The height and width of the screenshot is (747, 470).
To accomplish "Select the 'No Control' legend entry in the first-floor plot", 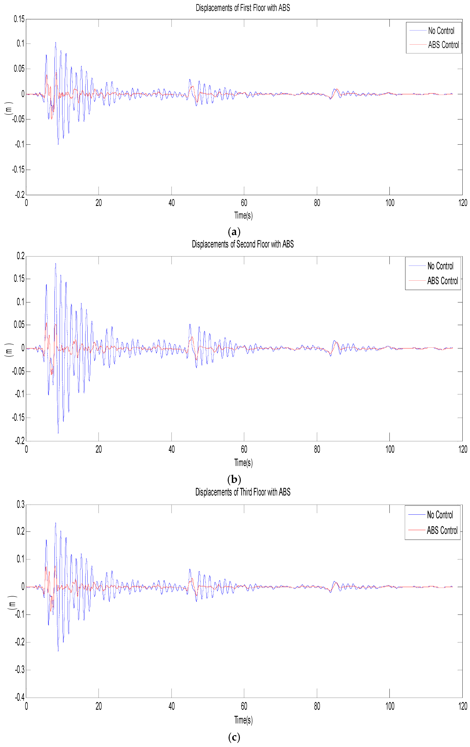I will tap(441, 31).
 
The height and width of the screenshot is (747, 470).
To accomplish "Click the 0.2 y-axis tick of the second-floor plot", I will tap(20, 256).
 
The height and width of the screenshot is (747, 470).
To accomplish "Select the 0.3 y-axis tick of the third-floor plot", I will tap(20, 505).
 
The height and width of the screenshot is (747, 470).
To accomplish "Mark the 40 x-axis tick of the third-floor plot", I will tap(171, 706).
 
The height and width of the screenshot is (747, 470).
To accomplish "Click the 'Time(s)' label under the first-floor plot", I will tap(243, 215).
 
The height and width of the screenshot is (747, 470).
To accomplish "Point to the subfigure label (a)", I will tap(234, 232).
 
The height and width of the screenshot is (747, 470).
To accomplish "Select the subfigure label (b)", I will tap(234, 479).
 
